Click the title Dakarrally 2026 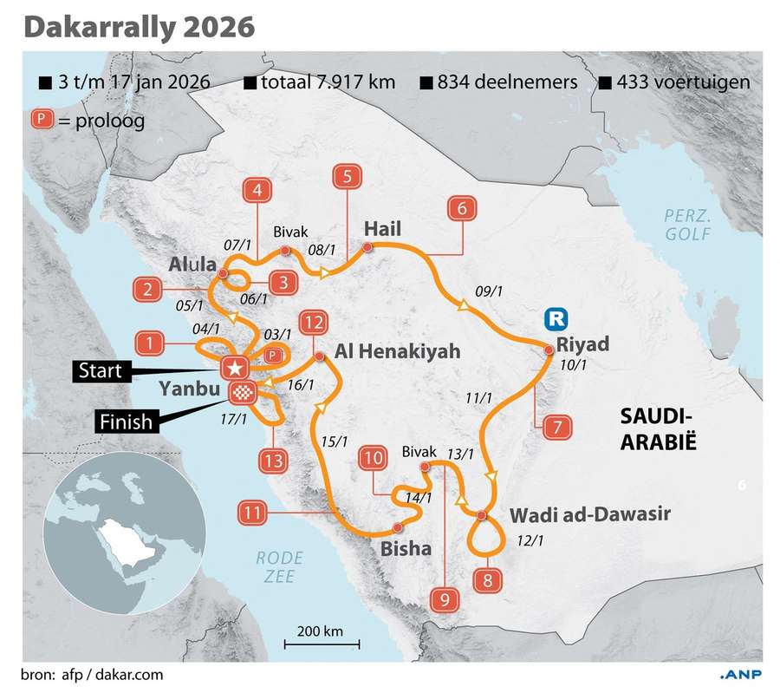point(139,26)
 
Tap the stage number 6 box point(462,209)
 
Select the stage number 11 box point(252,513)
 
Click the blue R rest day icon point(556,319)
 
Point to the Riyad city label point(583,343)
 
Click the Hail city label point(383,229)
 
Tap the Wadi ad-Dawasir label point(589,514)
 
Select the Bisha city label point(406,549)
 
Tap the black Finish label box point(124,422)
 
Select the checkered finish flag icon point(240,393)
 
